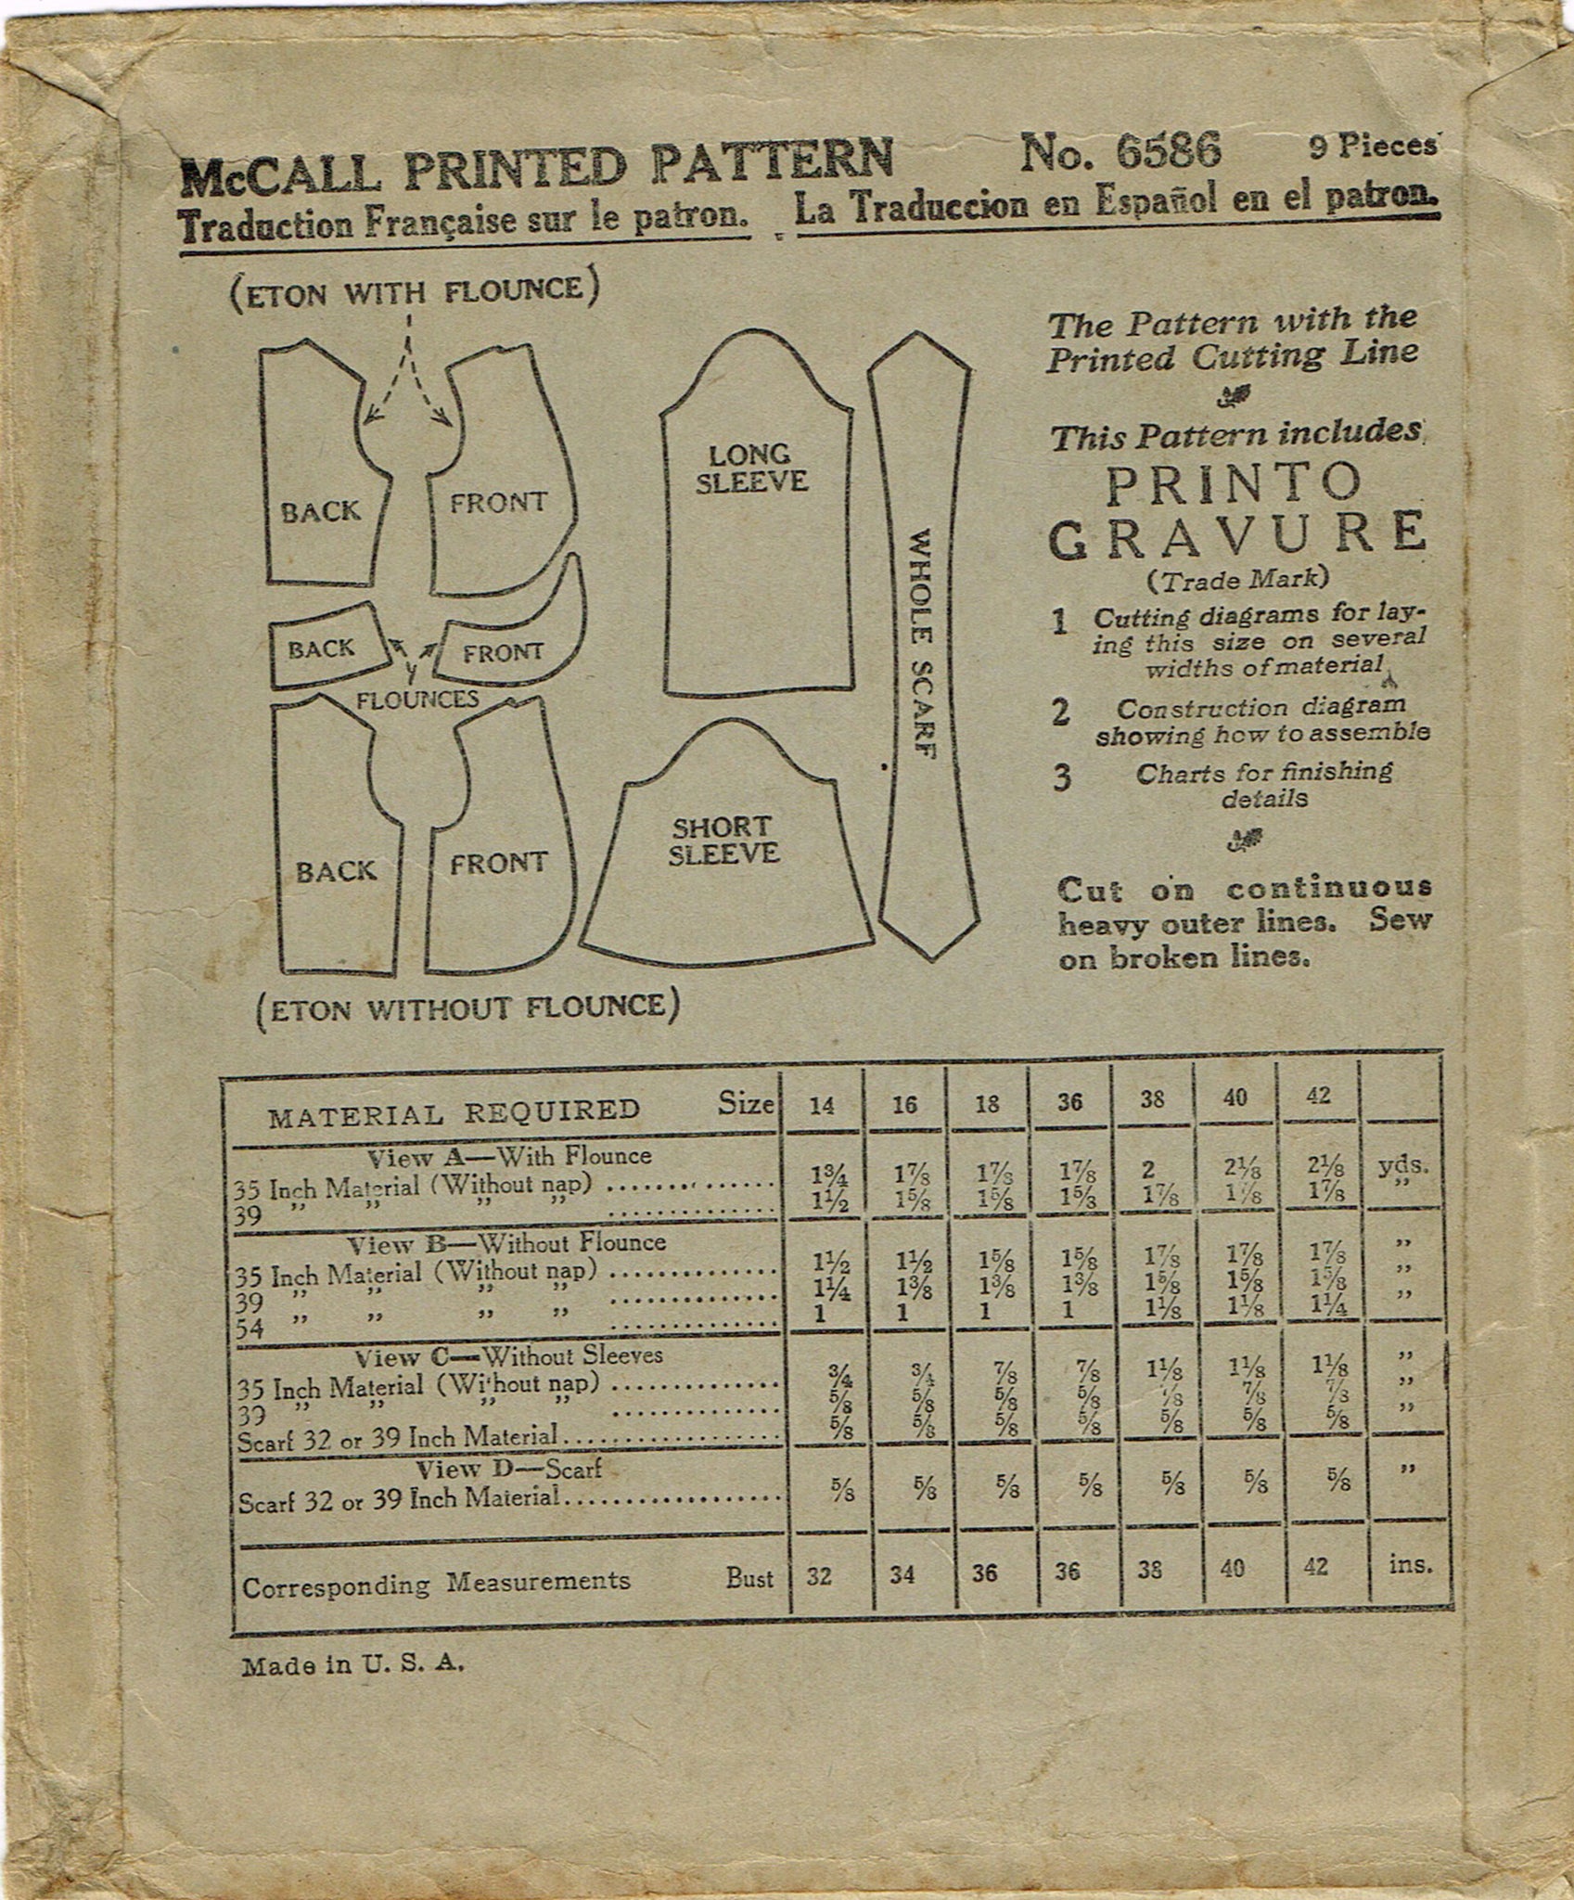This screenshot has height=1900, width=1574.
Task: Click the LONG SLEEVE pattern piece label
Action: pyautogui.click(x=750, y=468)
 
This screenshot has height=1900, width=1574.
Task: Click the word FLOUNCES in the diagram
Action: pyautogui.click(x=417, y=700)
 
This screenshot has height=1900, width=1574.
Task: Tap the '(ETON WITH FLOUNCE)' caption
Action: pyautogui.click(x=412, y=291)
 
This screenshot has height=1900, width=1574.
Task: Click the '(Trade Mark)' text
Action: pyautogui.click(x=1237, y=580)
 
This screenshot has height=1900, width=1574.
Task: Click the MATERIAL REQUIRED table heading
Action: pyautogui.click(x=454, y=1110)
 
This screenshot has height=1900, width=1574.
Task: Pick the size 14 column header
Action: pyautogui.click(x=822, y=1103)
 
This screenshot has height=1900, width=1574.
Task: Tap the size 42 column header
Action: pyautogui.click(x=1317, y=1097)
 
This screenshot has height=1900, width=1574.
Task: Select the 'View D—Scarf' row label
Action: pyautogui.click(x=508, y=1470)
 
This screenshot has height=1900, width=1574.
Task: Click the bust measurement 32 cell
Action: pyautogui.click(x=820, y=1577)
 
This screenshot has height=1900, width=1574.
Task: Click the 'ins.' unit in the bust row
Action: pyautogui.click(x=1411, y=1565)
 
